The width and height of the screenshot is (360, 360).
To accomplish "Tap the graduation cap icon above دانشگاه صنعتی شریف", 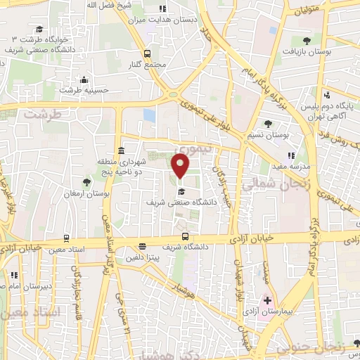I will pos(181,191).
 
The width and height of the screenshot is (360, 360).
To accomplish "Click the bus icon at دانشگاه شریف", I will pos(185,237).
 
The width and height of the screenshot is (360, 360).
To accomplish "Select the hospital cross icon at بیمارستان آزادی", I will pos(267,301).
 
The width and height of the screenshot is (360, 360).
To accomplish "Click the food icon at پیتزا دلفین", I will pos(142,247).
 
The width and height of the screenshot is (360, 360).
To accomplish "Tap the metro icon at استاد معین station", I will pos(66,239).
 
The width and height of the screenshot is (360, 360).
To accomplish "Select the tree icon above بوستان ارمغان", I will pos(87,182).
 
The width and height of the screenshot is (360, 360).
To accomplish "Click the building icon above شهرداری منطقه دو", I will pos(122,150).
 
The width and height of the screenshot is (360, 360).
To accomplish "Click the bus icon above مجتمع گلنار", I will pos(147,53).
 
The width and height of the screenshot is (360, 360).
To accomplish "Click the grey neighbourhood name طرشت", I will pos(41,112).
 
